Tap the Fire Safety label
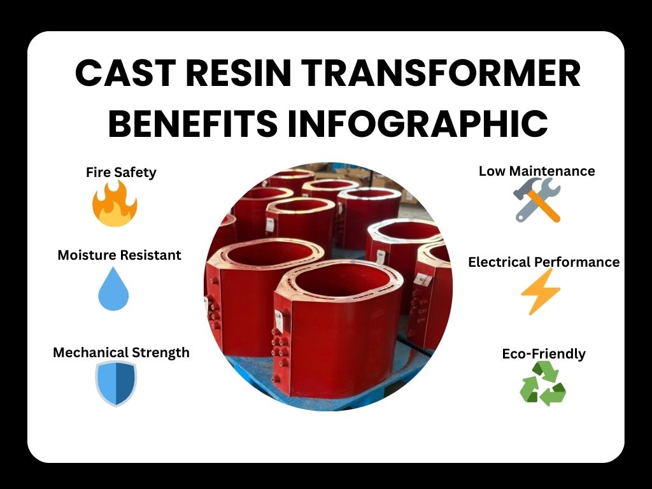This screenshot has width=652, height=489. (121, 173)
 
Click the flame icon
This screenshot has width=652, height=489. (115, 204)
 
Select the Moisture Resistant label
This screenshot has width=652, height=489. (119, 255)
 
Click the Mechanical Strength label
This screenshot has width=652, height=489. (121, 353)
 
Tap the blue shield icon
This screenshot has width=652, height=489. (116, 384)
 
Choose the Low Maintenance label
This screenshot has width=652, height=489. (537, 171)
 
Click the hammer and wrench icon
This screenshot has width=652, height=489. (537, 199)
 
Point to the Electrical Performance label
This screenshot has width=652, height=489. (544, 262)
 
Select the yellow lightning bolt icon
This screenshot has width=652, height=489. (541, 292)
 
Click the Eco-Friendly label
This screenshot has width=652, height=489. (544, 354)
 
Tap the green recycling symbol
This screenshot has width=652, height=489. (542, 383)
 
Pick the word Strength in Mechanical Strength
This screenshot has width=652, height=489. (160, 353)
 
